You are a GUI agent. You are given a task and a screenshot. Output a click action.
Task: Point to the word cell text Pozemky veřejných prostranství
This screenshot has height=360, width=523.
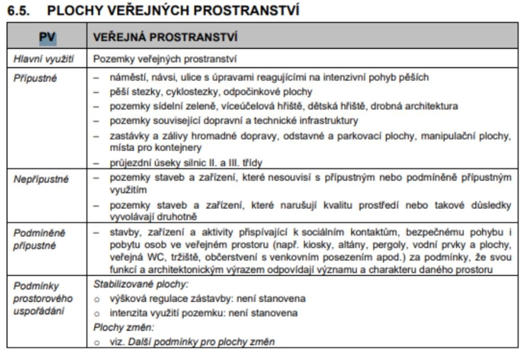[x=165, y=58]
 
